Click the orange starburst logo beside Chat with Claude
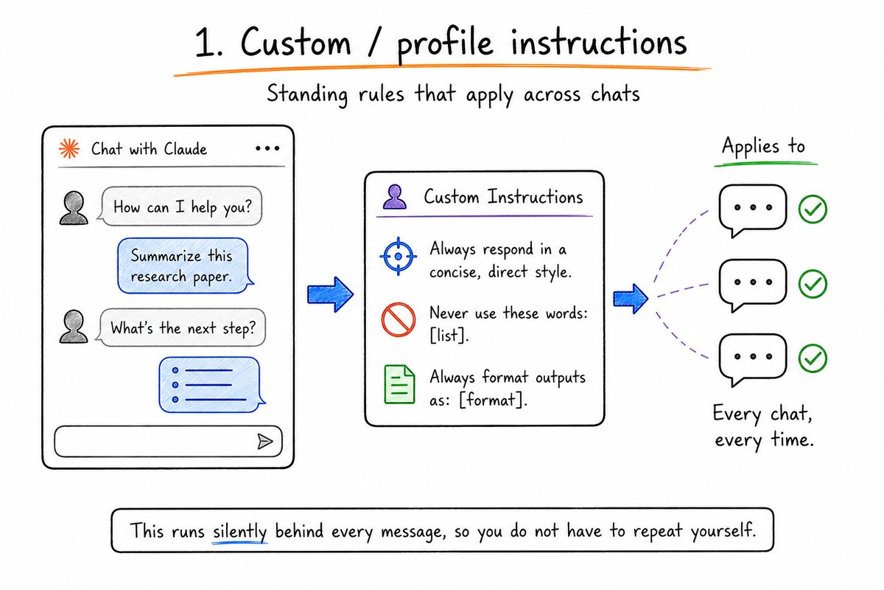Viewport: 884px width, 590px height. (69, 148)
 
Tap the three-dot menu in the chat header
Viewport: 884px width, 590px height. (267, 148)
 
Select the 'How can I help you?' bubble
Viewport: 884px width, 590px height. (180, 206)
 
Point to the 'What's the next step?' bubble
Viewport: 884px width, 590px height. (180, 327)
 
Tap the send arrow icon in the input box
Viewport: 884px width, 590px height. (264, 442)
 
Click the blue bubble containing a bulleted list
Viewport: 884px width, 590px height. (211, 385)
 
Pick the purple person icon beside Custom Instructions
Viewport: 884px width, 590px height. (395, 197)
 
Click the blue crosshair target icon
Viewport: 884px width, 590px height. (399, 257)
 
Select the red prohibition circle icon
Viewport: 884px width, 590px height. (399, 319)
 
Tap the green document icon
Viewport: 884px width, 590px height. (399, 384)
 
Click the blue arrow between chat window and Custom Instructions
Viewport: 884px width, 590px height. (330, 294)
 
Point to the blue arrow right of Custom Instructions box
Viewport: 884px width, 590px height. (631, 299)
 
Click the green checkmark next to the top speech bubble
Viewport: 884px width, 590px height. (813, 209)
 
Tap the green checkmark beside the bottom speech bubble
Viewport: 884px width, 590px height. (813, 358)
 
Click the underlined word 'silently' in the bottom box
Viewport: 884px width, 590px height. (239, 532)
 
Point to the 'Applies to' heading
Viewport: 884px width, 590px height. (763, 147)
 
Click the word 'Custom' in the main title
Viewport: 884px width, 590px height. (295, 42)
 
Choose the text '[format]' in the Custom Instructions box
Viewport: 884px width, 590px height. (494, 400)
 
